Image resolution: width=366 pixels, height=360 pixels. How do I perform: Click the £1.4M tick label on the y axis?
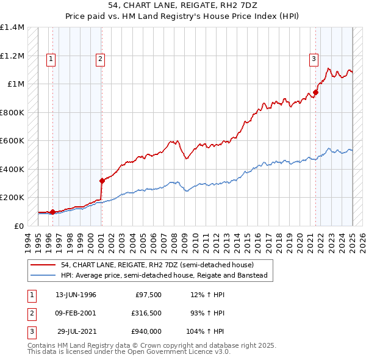tap(12, 27)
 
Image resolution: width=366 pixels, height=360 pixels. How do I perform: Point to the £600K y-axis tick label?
tap(12, 141)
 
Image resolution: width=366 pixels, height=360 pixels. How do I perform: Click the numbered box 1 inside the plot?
tap(50, 59)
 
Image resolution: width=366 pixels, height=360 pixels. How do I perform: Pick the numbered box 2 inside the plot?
tap(99, 59)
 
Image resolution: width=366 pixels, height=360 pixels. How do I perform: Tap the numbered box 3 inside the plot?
tap(313, 59)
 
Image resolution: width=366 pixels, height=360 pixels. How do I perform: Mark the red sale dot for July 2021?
tap(316, 93)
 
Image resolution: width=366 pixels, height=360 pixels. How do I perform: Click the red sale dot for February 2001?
tap(102, 181)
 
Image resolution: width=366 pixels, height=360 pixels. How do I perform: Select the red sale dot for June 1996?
tap(52, 212)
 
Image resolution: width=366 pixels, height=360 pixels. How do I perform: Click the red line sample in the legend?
tap(44, 265)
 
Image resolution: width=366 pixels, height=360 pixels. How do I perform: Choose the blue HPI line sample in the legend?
tap(44, 275)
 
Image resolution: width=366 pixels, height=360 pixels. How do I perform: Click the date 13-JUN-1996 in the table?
tap(76, 295)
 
